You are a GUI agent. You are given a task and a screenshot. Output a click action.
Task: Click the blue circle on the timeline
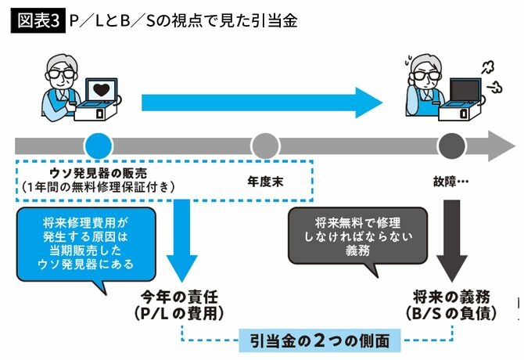[98, 146]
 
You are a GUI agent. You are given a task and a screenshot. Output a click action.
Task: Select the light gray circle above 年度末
[264, 146]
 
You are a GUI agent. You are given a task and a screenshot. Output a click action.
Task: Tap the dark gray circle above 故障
[450, 146]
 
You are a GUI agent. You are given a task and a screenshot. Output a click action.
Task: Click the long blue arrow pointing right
[258, 101]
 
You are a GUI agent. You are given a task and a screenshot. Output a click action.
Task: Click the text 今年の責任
[182, 297]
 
